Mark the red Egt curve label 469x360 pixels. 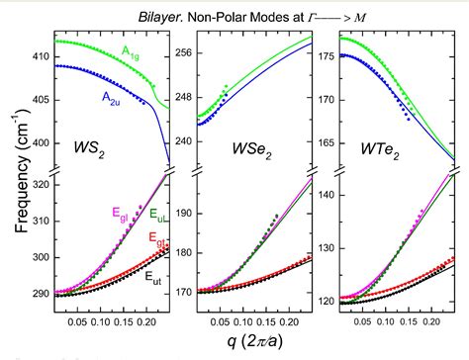tap(158, 238)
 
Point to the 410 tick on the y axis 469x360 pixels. tap(41, 58)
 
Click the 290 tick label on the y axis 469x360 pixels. tap(41, 294)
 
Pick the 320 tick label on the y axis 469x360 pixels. tap(41, 184)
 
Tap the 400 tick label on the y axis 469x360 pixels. tap(41, 142)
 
